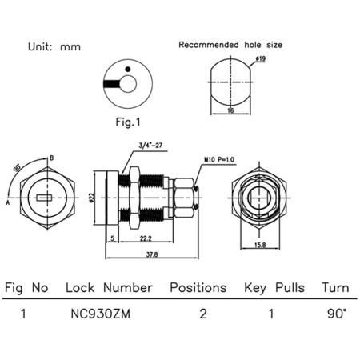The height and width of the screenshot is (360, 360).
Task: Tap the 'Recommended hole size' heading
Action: coord(230,45)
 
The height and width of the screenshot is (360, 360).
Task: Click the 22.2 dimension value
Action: coord(145,239)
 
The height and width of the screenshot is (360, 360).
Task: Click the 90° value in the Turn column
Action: coord(335,314)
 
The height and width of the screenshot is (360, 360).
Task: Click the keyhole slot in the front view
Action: coord(45,195)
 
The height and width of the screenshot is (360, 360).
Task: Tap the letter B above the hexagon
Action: coord(52,158)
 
